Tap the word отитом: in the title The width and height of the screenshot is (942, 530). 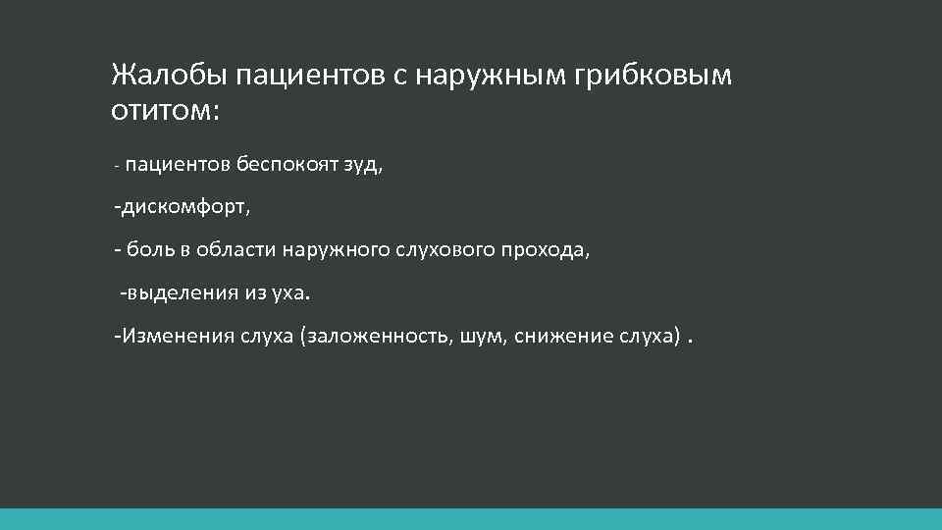pos(167,111)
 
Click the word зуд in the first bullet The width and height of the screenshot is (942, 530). pos(361,166)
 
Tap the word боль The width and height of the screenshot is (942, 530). pos(150,250)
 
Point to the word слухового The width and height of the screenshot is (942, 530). pos(445,250)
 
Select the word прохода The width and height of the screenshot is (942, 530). pos(547,250)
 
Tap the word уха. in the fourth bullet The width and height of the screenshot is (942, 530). pos(288,292)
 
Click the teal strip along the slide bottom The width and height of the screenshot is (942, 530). pos(471,519)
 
